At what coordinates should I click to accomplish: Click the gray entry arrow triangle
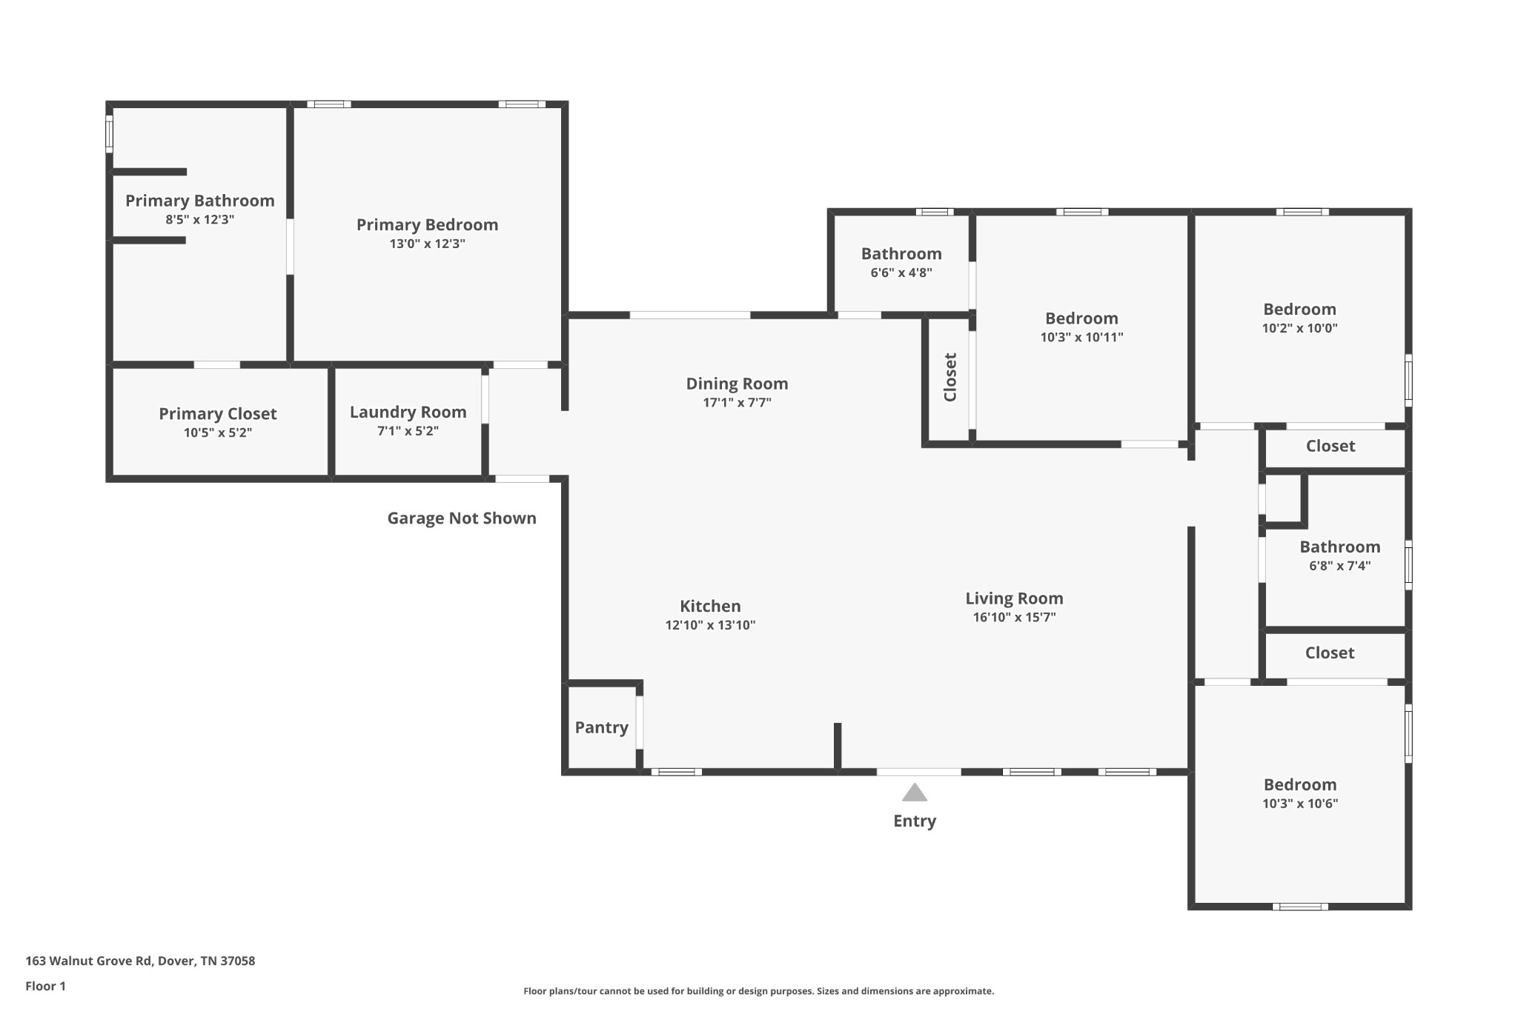pos(914,793)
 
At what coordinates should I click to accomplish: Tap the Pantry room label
pos(601,727)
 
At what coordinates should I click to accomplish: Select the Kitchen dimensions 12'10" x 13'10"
pos(710,625)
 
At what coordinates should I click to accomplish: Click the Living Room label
pos(1013,598)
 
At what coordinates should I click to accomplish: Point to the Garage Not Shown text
pos(461,518)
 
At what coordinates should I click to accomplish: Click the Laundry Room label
pos(408,413)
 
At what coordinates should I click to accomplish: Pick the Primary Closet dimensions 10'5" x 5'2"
pos(217,433)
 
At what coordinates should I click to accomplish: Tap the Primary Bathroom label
pos(199,201)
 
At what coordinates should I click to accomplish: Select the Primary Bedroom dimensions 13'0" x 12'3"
pos(427,244)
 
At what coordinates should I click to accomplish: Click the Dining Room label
pos(736,384)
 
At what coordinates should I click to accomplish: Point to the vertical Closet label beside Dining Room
pos(949,377)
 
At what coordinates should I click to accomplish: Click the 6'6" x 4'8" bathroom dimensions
pos(901,273)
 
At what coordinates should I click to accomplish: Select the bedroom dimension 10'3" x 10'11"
pos(1081,337)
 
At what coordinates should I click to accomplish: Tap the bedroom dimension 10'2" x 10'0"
pos(1299,328)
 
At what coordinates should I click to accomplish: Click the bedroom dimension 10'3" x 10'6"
pos(1299,804)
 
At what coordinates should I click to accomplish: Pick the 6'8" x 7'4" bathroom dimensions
pos(1339,566)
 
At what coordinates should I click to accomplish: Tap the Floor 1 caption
pos(45,986)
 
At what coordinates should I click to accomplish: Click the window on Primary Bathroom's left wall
pos(109,134)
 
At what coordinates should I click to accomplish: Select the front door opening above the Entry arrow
pos(918,772)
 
